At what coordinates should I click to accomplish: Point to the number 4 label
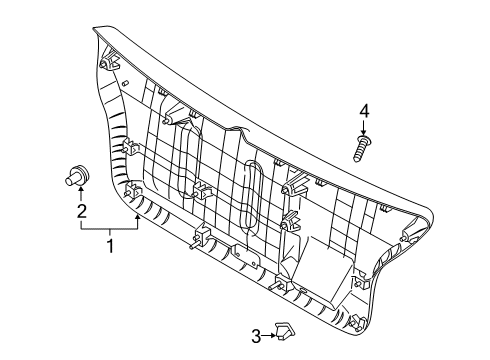365,110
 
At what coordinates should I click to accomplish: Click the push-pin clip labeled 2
78,173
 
